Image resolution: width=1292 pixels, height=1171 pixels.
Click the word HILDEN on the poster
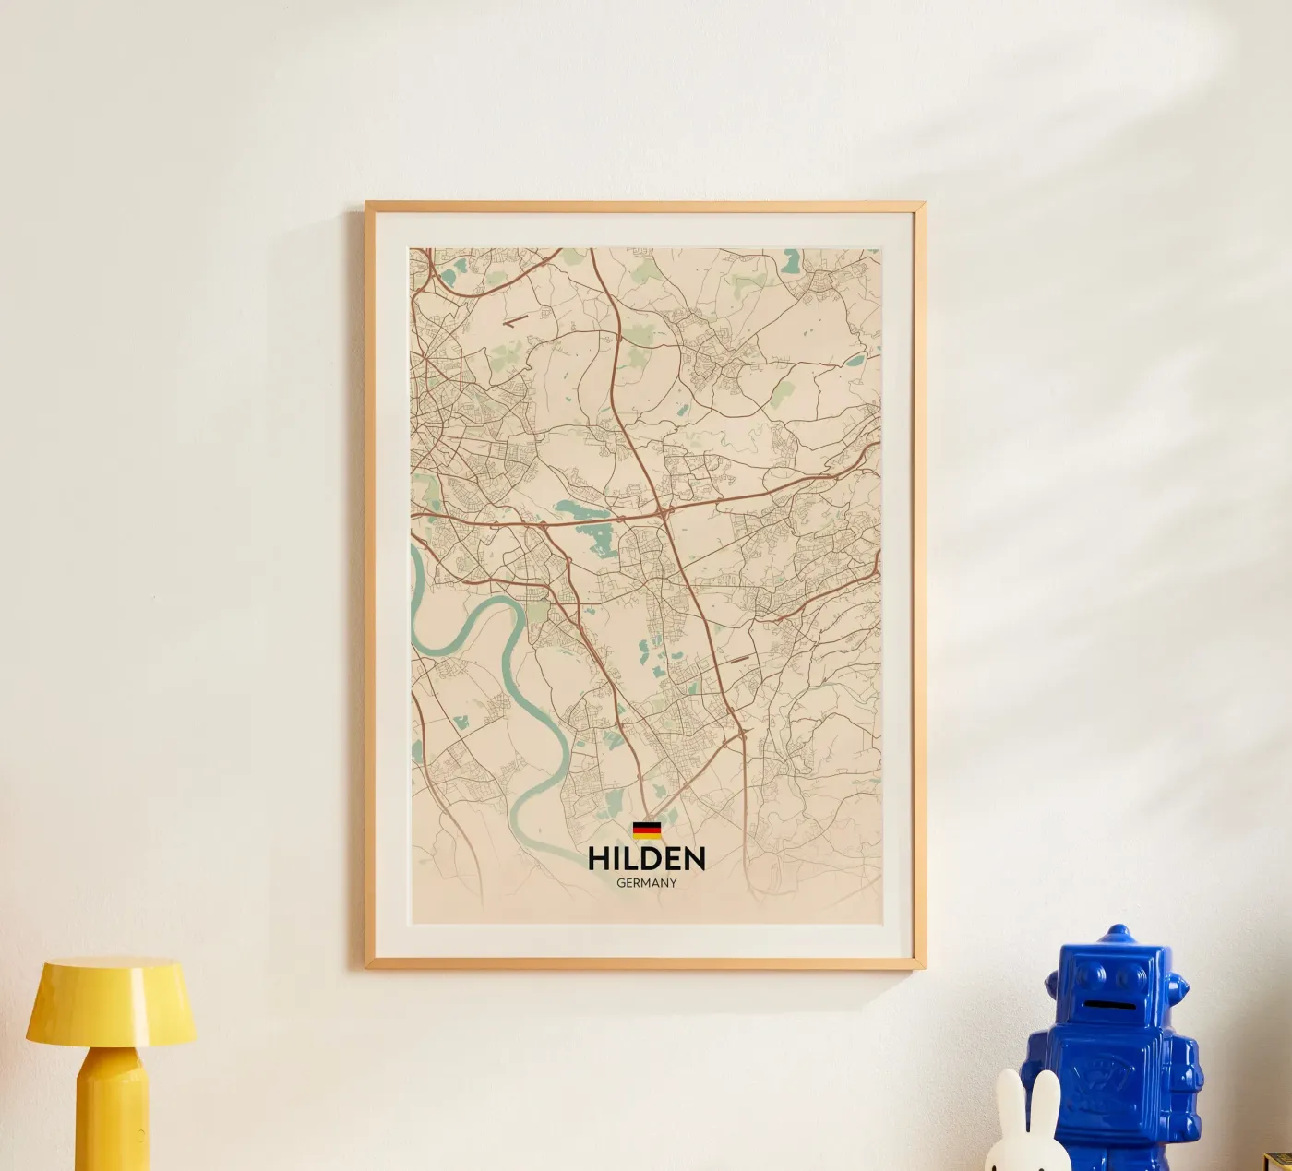646,859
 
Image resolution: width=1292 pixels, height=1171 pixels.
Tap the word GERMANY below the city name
647,883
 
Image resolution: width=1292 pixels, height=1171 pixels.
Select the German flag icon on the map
647,830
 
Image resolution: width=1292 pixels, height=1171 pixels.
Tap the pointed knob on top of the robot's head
1119,931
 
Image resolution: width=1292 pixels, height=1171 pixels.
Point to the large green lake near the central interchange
579,509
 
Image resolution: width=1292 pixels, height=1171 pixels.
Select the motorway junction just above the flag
741,734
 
